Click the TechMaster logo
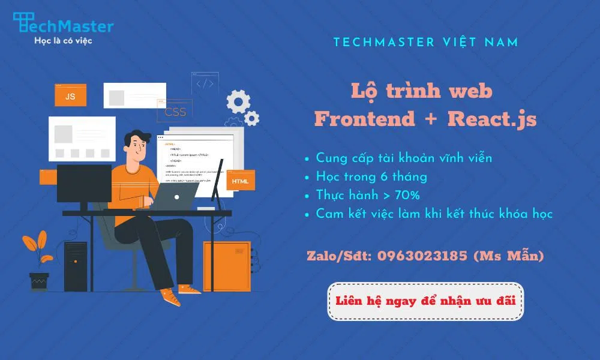pyautogui.click(x=63, y=25)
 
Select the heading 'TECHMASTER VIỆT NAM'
pyautogui.click(x=426, y=43)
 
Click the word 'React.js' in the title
pyautogui.click(x=492, y=119)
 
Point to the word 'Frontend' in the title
pyautogui.click(x=365, y=119)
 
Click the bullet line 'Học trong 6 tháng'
pyautogui.click(x=371, y=177)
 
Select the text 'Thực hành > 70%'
pyautogui.click(x=368, y=195)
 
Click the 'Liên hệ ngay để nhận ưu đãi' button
pyautogui.click(x=426, y=301)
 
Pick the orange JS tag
pyautogui.click(x=70, y=95)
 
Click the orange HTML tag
pyautogui.click(x=240, y=181)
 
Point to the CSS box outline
pyautogui.click(x=175, y=112)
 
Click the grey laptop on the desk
pyautogui.click(x=174, y=196)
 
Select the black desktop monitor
pyautogui.click(x=84, y=184)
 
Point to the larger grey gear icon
pyautogui.click(x=238, y=101)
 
